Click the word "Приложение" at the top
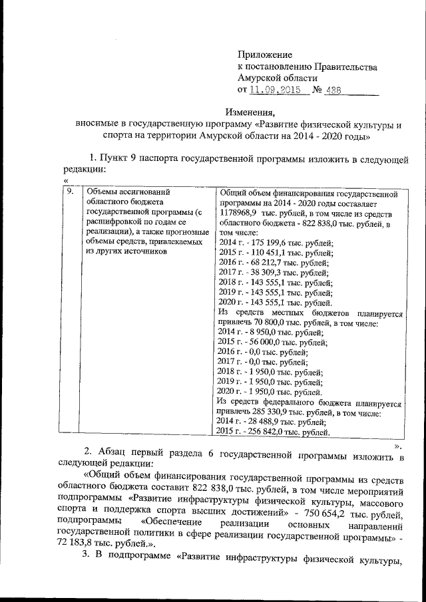click(x=265, y=54)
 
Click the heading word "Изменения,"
click(x=250, y=112)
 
